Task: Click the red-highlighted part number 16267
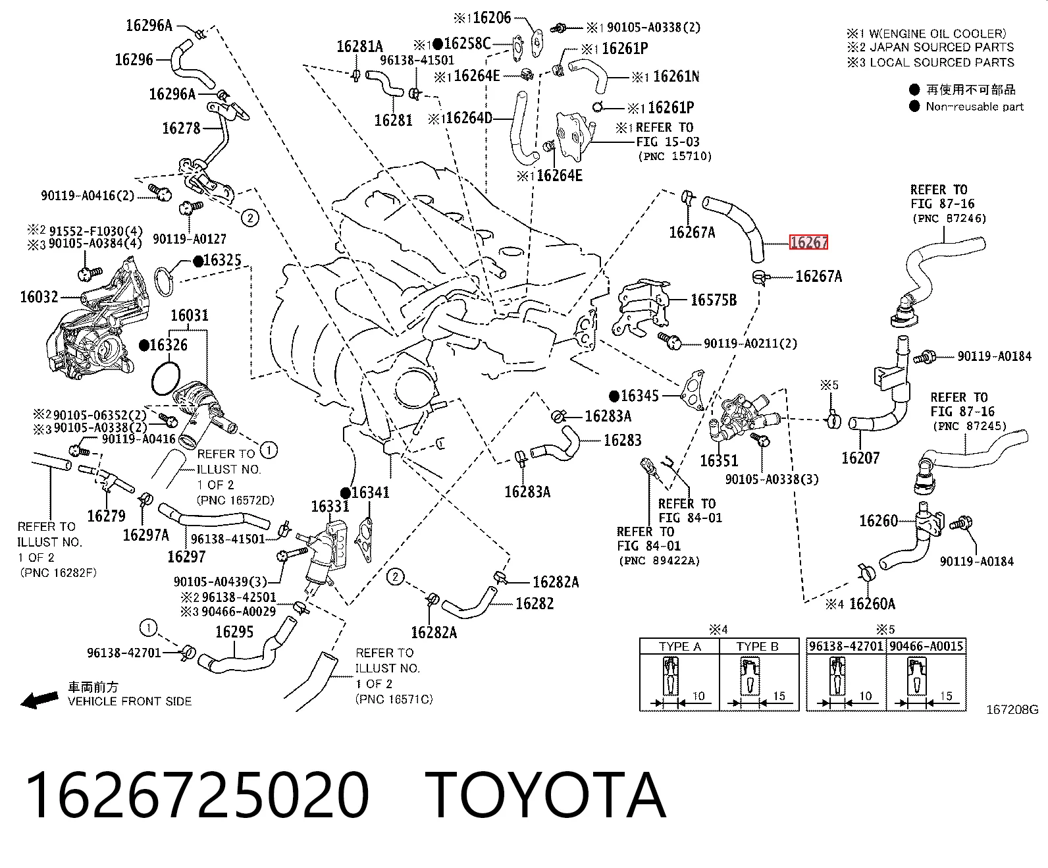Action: point(808,242)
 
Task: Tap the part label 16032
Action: point(39,297)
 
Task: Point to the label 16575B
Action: point(714,300)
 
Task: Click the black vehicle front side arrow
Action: point(39,699)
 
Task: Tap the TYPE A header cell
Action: point(679,647)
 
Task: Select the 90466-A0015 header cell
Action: point(926,646)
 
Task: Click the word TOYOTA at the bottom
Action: point(546,795)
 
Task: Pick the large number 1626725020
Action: point(197,795)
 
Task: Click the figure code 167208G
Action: point(1012,709)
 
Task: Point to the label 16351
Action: point(719,460)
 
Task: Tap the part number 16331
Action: point(330,506)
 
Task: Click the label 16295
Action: point(234,632)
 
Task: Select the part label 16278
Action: point(181,128)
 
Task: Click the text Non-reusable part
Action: point(975,107)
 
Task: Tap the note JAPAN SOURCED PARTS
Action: point(941,47)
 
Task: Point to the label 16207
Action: point(860,458)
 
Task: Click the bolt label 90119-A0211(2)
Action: point(750,344)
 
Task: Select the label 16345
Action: point(639,396)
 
